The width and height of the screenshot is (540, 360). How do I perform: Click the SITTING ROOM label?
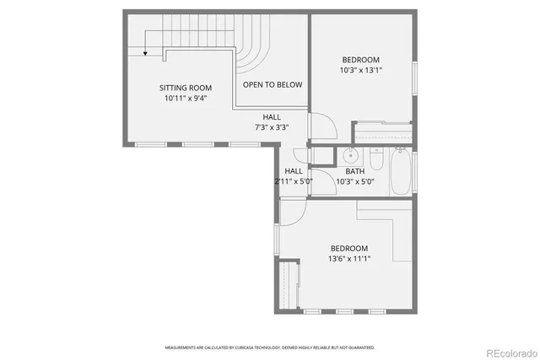click(x=186, y=88)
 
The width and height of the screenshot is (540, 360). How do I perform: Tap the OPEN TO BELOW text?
click(x=273, y=85)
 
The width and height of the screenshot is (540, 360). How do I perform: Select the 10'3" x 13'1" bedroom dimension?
click(x=360, y=70)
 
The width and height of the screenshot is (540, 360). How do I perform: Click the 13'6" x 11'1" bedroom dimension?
click(x=348, y=259)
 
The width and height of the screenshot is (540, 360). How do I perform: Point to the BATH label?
click(x=355, y=171)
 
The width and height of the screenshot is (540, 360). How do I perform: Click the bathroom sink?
click(x=349, y=155)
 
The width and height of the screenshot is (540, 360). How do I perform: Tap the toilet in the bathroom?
click(x=376, y=158)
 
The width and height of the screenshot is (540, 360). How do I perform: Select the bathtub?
click(x=402, y=171)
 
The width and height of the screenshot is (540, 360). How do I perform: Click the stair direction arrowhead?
click(x=146, y=53)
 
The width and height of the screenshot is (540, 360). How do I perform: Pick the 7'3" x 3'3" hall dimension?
click(x=272, y=127)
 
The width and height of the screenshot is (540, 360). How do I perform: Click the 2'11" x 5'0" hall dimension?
click(x=294, y=180)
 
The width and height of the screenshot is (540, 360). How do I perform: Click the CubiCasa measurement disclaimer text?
click(x=270, y=347)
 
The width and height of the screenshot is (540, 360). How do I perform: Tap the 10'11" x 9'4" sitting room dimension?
click(x=186, y=98)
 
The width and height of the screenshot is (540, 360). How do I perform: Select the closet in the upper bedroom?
click(x=381, y=133)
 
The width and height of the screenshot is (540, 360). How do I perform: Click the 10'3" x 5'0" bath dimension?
click(x=355, y=180)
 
